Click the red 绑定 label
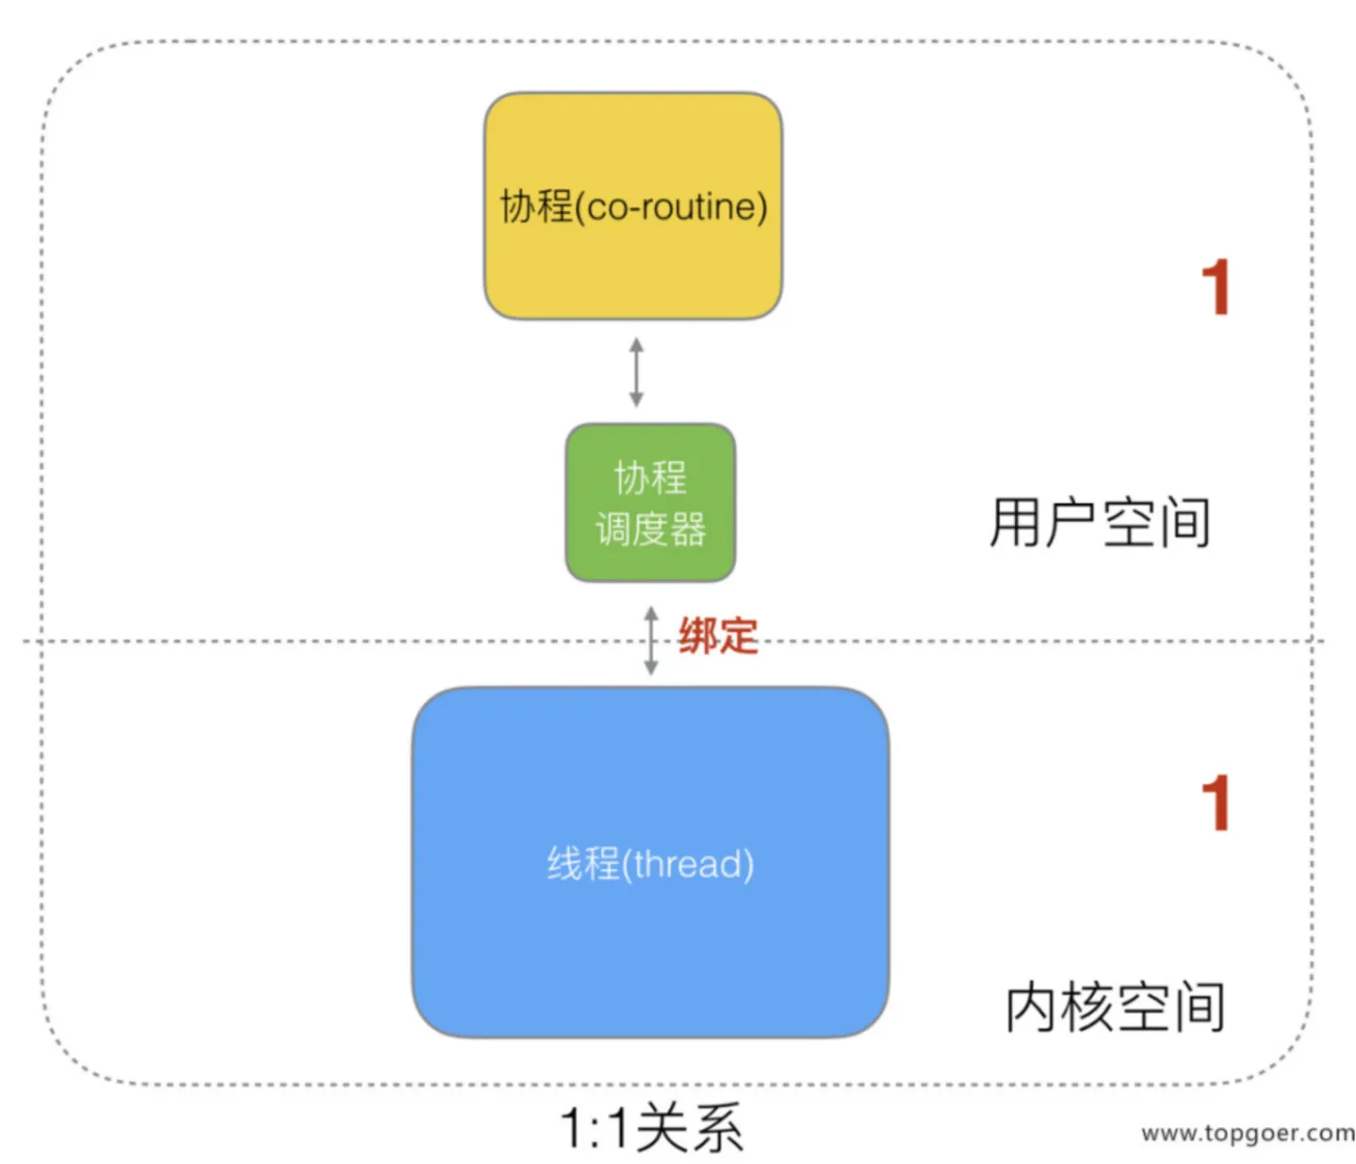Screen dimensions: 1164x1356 point(718,636)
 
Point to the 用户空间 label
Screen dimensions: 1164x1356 point(1100,522)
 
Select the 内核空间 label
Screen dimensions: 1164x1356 point(1116,1006)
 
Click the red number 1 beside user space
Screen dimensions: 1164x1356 point(1216,287)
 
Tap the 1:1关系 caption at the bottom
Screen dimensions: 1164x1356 point(650,1128)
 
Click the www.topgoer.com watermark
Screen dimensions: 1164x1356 point(1248,1133)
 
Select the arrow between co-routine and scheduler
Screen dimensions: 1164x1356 point(636,372)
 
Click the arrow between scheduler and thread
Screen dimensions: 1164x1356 point(651,640)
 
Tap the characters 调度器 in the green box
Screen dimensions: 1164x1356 point(650,530)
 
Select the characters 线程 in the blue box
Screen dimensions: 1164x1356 point(583,864)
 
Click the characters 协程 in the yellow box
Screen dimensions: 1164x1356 point(537,206)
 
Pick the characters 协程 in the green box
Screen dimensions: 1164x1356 point(650,477)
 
